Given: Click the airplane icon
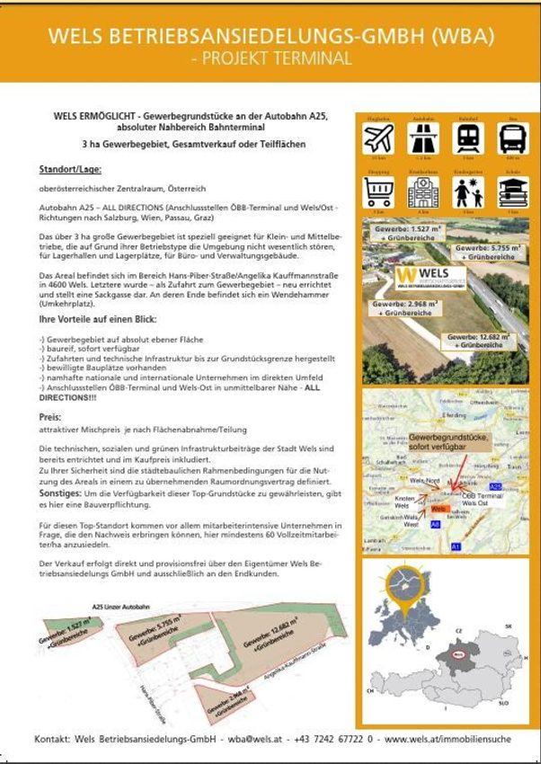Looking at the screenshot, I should tap(378, 139).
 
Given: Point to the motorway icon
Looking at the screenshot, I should tap(423, 139).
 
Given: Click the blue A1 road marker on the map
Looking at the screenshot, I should tap(456, 546).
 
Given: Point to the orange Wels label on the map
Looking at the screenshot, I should tap(439, 510).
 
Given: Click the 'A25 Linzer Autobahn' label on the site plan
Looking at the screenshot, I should tap(122, 607).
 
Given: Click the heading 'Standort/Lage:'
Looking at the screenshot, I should tap(70, 169).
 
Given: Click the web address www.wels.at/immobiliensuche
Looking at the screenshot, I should tap(448, 740).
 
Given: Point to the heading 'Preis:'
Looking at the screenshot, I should tap(49, 417).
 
